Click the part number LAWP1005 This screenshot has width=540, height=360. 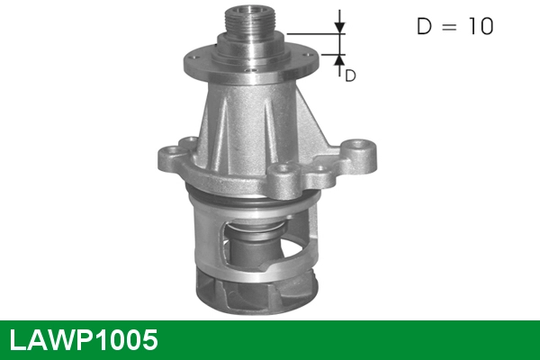(x=83, y=339)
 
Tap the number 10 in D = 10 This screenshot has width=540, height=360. (x=479, y=27)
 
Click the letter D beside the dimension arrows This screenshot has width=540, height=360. (x=351, y=76)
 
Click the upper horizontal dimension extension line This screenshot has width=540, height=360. (x=315, y=33)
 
